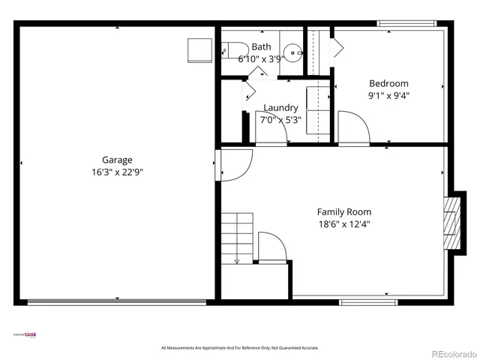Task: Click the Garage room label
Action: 117,160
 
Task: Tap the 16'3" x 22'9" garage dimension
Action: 117,172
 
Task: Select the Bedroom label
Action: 388,83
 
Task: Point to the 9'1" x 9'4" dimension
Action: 388,95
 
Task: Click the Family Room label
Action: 343,211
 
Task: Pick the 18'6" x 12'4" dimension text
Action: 343,223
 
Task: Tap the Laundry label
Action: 280,108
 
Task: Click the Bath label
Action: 261,46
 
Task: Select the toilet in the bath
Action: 229,49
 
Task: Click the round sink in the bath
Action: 295,52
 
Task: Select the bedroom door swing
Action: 352,127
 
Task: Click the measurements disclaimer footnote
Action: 240,348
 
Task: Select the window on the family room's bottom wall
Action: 358,302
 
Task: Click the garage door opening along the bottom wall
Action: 116,302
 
